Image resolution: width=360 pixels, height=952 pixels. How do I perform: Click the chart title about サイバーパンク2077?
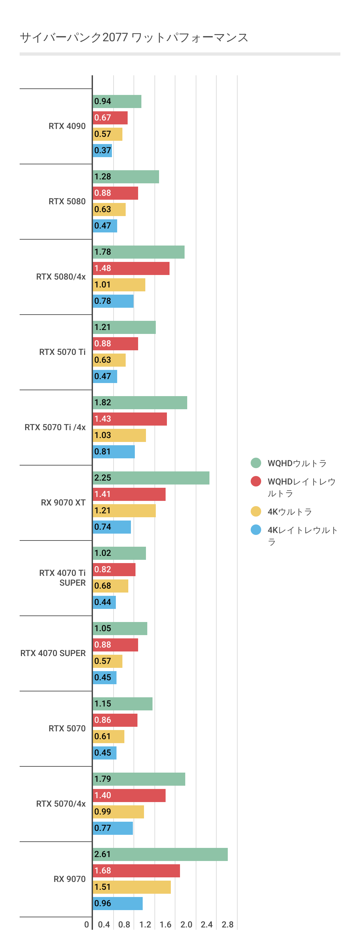(134, 37)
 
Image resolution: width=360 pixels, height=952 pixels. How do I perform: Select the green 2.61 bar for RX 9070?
(160, 854)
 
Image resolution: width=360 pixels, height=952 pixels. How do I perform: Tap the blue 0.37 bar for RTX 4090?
(102, 150)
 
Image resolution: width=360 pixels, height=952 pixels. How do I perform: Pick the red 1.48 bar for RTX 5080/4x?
(131, 268)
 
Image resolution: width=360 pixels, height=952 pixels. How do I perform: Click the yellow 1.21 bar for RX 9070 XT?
(124, 510)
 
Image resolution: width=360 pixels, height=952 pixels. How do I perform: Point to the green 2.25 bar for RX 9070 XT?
(151, 478)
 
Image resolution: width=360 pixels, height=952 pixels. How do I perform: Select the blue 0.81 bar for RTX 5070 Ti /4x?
(114, 451)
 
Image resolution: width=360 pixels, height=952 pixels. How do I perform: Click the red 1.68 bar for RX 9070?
(136, 870)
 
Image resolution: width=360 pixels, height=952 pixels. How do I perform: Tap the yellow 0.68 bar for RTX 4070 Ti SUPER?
(111, 586)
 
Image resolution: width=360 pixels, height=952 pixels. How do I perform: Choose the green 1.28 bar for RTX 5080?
(126, 177)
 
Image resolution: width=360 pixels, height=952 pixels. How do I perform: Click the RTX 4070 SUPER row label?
(53, 653)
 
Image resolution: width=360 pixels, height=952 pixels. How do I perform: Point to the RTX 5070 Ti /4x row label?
(55, 427)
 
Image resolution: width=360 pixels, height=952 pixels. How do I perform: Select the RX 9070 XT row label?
(63, 503)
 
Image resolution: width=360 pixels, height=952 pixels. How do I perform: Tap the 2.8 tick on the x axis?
(227, 924)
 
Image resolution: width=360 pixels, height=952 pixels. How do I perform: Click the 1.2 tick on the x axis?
(145, 924)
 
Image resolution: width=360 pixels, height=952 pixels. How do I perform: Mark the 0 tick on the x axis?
(86, 924)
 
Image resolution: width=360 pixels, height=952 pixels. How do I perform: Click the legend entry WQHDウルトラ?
(297, 463)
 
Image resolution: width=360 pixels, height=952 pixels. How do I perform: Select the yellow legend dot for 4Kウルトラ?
(256, 511)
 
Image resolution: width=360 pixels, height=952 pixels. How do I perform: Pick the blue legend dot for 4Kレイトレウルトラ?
(256, 530)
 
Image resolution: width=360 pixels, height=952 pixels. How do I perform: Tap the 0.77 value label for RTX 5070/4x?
(102, 828)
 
